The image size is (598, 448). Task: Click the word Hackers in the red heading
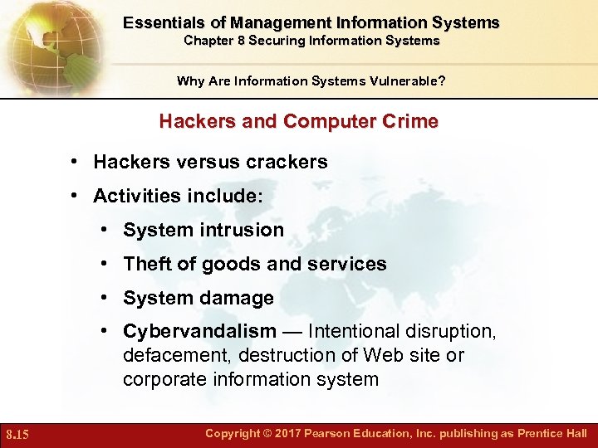(x=194, y=121)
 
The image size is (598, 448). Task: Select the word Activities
(x=132, y=196)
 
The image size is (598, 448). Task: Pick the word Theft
(x=146, y=264)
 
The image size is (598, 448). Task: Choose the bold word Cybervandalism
(x=199, y=331)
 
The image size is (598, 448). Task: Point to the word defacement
(x=177, y=355)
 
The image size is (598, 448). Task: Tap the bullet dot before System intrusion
(x=108, y=230)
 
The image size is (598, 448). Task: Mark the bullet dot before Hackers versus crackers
(x=75, y=162)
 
